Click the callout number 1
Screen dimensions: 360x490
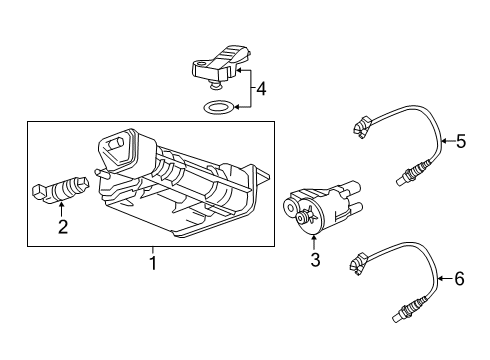(x=152, y=264)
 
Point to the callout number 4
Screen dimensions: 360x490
(x=261, y=90)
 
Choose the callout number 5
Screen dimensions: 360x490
(x=460, y=141)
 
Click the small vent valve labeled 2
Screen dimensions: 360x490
(x=62, y=188)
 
